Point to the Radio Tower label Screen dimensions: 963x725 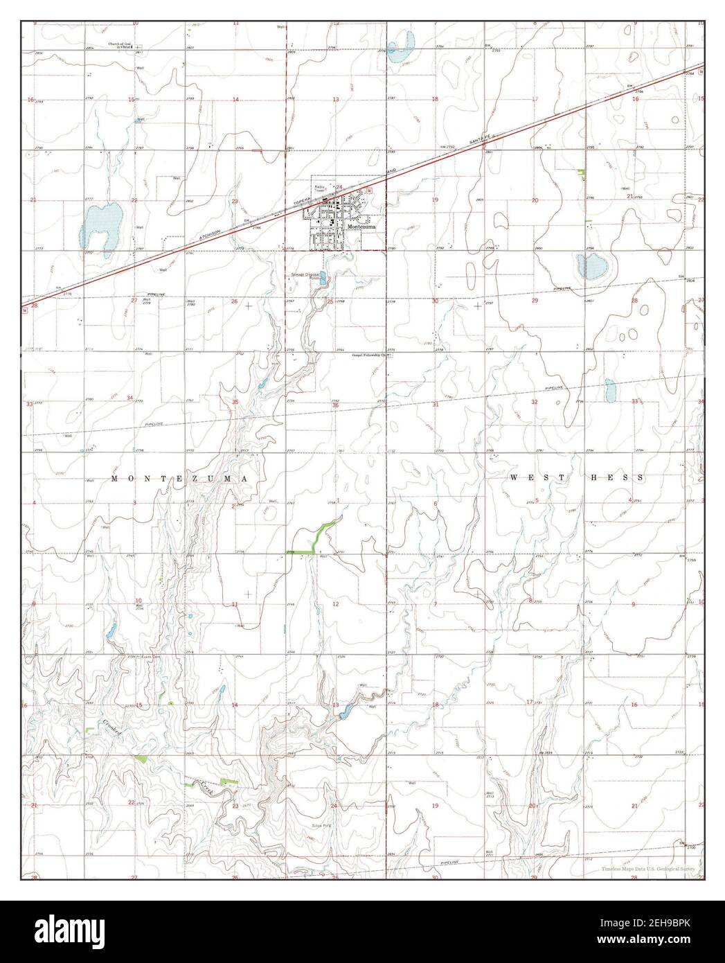(319, 188)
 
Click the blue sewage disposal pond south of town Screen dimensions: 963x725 (324, 281)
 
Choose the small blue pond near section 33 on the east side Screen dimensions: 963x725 (610, 391)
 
